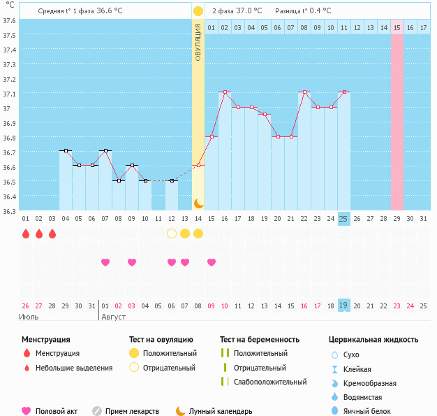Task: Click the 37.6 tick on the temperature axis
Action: (x=9, y=20)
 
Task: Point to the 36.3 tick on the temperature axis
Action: (x=9, y=210)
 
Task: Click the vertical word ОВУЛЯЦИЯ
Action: (x=198, y=41)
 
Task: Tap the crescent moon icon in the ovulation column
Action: (x=198, y=203)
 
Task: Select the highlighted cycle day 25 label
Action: (x=343, y=218)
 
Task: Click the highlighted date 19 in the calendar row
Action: (x=343, y=306)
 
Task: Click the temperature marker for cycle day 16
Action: (x=225, y=92)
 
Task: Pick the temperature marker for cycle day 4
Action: (x=66, y=150)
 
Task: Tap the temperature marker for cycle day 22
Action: (x=304, y=92)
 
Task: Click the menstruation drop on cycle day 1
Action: (x=26, y=234)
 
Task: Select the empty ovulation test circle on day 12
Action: (x=172, y=234)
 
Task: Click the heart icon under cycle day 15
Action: (x=212, y=262)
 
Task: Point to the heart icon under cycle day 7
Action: (x=105, y=262)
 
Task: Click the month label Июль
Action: (x=29, y=317)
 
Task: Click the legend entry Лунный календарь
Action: (x=213, y=411)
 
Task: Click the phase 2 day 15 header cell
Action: (x=397, y=27)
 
